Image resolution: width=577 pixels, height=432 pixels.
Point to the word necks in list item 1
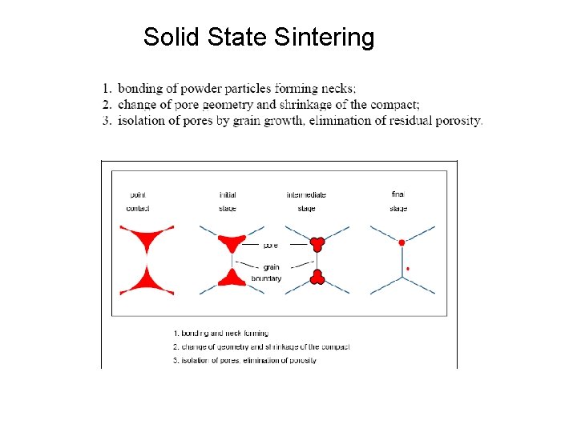point(338,88)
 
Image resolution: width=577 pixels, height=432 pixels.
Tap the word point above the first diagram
point(137,194)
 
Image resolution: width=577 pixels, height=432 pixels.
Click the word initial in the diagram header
point(228,194)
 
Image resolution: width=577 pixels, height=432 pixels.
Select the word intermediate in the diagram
point(306,194)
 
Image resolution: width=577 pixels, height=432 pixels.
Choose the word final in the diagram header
point(398,194)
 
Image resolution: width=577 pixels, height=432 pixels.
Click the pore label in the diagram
point(270,246)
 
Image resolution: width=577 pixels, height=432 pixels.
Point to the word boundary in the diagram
point(266,278)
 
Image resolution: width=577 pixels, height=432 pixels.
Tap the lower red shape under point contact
point(147,281)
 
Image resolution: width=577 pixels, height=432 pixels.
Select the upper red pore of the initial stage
point(233,241)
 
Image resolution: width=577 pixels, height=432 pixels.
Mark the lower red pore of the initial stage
point(233,278)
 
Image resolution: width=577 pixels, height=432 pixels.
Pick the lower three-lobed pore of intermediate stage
point(317,278)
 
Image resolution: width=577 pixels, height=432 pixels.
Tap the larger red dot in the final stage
point(401,242)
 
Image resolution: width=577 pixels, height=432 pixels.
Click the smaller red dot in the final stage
point(408,269)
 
